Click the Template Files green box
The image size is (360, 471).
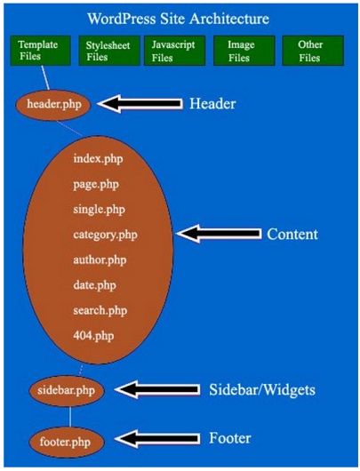pyautogui.click(x=41, y=51)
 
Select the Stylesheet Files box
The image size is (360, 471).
pyautogui.click(x=109, y=51)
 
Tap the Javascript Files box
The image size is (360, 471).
pyautogui.click(x=174, y=51)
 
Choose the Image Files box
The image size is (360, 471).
pyautogui.click(x=244, y=51)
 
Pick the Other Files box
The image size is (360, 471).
pyautogui.click(x=313, y=51)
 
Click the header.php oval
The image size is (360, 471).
pyautogui.click(x=53, y=105)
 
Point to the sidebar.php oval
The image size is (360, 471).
pyautogui.click(x=67, y=390)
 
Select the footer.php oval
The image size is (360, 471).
pyautogui.click(x=67, y=443)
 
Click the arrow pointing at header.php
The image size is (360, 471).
pyautogui.click(x=140, y=104)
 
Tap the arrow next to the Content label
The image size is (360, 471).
pyautogui.click(x=219, y=234)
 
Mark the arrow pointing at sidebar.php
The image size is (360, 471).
pyautogui.click(x=157, y=389)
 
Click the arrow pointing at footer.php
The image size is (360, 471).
pyautogui.click(x=157, y=439)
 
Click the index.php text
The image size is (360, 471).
pyautogui.click(x=98, y=159)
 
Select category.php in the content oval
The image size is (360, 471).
pyautogui.click(x=105, y=235)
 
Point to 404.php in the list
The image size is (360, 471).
pyautogui.click(x=93, y=336)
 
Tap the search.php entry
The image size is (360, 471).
pyautogui.click(x=100, y=310)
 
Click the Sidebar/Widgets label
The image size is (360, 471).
pyautogui.click(x=262, y=390)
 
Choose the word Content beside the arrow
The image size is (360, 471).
pyautogui.click(x=292, y=235)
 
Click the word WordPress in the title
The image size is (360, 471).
pyautogui.click(x=122, y=19)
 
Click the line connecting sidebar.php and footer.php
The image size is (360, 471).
pyautogui.click(x=70, y=417)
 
